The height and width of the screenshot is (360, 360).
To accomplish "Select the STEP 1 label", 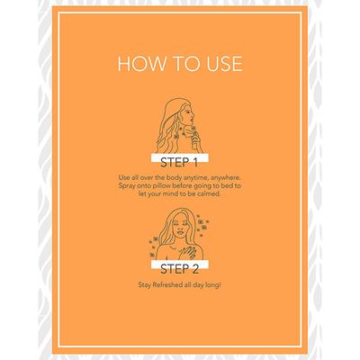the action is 179,163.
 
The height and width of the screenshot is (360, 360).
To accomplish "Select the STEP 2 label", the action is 180,269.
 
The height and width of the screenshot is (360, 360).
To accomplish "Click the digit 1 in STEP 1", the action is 194,163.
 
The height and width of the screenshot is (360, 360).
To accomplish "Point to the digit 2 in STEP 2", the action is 195,269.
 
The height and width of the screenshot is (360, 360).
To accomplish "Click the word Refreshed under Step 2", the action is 167,284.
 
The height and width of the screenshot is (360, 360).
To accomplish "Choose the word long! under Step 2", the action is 212,285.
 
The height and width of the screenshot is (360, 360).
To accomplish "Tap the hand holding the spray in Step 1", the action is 195,139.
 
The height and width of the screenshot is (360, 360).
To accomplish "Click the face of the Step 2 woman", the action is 180,227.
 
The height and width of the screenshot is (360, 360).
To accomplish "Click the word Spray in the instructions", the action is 127,186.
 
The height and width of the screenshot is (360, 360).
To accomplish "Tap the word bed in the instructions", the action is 229,186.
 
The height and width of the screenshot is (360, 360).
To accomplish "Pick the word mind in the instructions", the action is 169,193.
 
